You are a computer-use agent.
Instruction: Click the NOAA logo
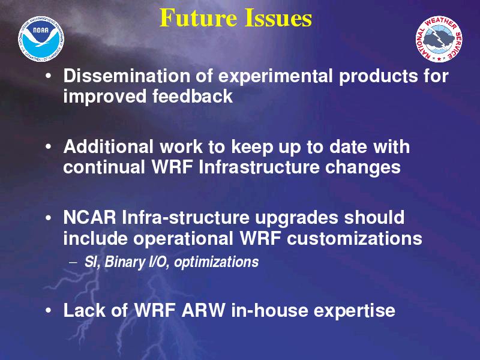point(41,39)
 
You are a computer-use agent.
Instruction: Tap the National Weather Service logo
point(439,39)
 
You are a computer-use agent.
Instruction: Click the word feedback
point(193,96)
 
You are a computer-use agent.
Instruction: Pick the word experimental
point(275,77)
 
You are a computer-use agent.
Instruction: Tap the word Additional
point(109,146)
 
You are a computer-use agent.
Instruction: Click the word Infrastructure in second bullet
point(259,167)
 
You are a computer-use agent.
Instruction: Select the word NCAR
point(89,217)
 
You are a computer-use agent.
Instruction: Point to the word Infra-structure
point(185,217)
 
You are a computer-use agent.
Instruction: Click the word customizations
point(355,238)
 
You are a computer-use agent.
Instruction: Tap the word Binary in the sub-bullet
point(125,262)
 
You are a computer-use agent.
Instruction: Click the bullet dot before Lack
point(48,310)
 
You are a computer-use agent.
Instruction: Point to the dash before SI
point(73,262)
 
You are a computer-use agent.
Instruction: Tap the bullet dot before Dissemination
point(48,76)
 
